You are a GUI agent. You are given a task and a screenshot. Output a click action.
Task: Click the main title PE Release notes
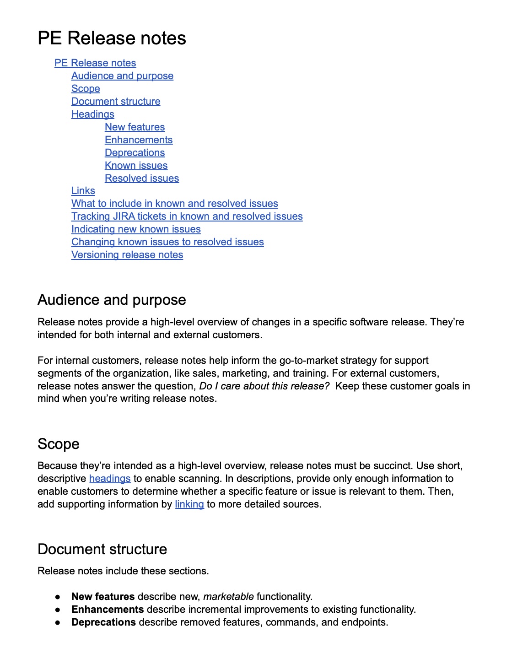tap(112, 38)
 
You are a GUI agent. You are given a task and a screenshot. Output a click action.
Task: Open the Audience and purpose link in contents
tap(122, 76)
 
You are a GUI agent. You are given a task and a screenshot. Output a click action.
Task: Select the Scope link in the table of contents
tap(86, 89)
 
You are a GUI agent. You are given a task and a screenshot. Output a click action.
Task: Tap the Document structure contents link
tap(116, 102)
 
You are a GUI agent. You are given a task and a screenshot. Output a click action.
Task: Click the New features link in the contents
tap(135, 127)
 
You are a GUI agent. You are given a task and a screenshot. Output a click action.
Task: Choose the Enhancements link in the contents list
tap(139, 140)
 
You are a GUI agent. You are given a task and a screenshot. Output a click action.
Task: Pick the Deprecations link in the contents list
tap(135, 153)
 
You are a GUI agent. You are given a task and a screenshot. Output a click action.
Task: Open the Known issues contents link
tap(136, 166)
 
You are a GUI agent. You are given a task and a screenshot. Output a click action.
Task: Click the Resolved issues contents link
tap(142, 178)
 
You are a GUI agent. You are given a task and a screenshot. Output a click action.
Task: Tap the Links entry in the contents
tap(83, 191)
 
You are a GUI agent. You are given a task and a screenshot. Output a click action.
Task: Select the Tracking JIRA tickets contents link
tap(187, 216)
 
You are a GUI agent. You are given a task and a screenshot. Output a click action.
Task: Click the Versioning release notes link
tap(127, 255)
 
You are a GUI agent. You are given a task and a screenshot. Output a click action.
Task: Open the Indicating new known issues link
tap(136, 229)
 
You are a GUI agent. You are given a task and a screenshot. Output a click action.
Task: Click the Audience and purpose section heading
tap(112, 300)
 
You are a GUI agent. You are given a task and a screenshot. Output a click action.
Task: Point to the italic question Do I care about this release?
tap(264, 386)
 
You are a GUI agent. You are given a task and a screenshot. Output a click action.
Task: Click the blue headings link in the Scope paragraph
tap(110, 479)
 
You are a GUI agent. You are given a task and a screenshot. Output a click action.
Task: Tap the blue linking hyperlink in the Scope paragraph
tap(189, 504)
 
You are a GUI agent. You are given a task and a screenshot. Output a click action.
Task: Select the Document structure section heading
tap(102, 549)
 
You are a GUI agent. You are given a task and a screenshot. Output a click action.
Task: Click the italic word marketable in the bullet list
tap(228, 597)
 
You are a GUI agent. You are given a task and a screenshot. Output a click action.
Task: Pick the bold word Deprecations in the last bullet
tap(103, 622)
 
